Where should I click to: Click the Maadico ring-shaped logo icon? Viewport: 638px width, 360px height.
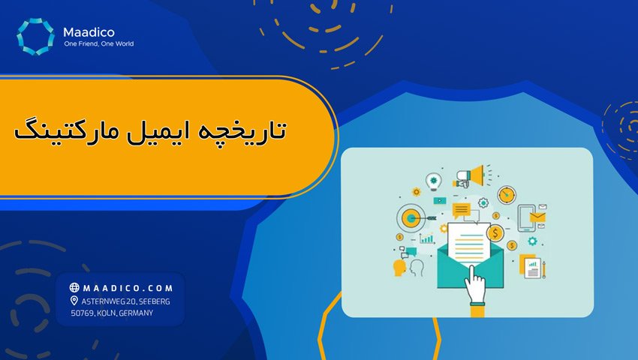pyautogui.click(x=35, y=37)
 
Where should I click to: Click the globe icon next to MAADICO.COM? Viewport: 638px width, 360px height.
pyautogui.click(x=74, y=287)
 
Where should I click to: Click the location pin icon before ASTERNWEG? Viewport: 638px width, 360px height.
pyautogui.click(x=74, y=300)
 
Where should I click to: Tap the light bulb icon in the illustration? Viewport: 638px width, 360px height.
pyautogui.click(x=433, y=181)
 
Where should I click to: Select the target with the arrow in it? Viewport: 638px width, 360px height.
pyautogui.click(x=411, y=218)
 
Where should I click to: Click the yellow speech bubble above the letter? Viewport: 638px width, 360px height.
pyautogui.click(x=461, y=209)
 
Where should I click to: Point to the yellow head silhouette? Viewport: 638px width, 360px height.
pyautogui.click(x=399, y=267)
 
